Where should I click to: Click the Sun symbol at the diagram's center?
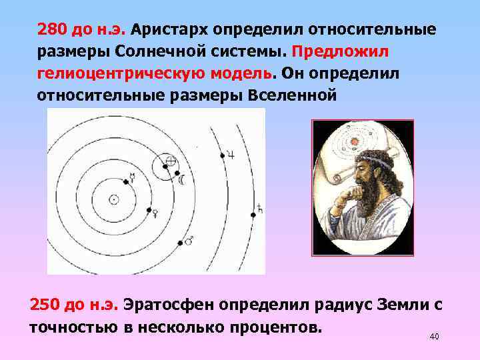tap(114, 199)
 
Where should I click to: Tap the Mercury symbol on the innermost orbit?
tap(133, 177)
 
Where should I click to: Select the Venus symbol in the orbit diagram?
tap(155, 213)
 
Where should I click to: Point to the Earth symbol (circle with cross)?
tap(171, 161)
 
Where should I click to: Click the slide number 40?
tap(435, 336)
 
